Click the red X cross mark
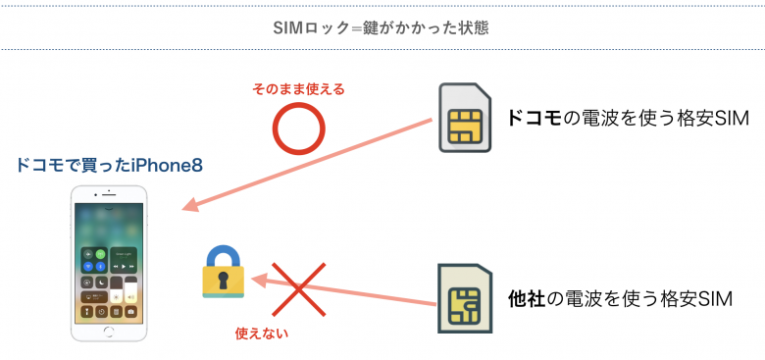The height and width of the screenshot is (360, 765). coord(301,287)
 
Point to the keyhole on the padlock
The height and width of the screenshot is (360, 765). coord(225,283)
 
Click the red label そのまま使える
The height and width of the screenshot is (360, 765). coord(299,89)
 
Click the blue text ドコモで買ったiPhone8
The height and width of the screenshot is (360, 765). coord(110,166)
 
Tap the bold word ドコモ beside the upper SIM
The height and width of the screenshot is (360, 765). coord(533,119)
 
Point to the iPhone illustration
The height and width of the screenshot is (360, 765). coord(110,262)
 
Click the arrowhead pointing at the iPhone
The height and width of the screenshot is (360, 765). coord(192,206)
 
